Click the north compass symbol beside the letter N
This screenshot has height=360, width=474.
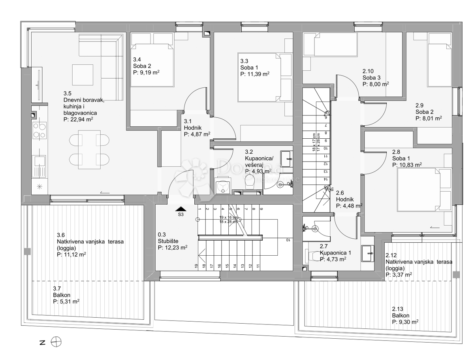point(56,342)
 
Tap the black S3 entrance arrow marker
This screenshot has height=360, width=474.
point(181,209)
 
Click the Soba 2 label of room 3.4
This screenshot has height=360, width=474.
point(142,66)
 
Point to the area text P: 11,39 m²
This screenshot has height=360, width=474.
point(255,74)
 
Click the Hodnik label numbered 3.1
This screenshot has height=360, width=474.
point(193,128)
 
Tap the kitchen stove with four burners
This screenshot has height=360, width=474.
point(39,131)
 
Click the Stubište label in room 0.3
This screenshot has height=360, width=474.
point(168,241)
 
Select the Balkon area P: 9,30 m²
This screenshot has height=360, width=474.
point(405,322)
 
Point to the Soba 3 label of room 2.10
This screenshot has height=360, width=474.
point(371,77)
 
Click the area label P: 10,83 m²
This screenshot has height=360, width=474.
point(406,164)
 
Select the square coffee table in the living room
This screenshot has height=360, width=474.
point(83,74)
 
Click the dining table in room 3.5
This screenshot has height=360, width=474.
point(89,149)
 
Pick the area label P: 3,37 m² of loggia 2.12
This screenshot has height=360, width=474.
point(399,274)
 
